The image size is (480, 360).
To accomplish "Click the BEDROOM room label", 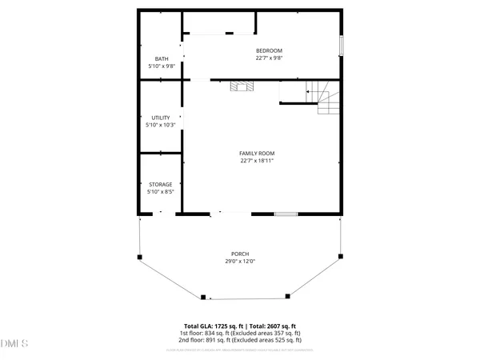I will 269,50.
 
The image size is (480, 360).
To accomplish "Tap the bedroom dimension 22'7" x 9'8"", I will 269,58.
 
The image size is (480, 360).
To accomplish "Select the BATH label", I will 161,58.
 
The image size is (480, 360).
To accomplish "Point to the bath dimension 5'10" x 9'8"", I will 161,66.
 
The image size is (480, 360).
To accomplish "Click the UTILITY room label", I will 161,118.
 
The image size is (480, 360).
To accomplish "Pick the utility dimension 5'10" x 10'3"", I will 161,126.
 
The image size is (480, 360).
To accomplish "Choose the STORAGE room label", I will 161,184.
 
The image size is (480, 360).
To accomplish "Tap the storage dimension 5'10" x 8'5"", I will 161,192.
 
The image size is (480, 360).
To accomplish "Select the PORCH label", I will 240,254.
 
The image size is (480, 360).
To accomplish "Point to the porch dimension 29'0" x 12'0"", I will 240,262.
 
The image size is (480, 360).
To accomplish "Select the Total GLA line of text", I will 240,326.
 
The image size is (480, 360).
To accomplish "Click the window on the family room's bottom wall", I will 286,214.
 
